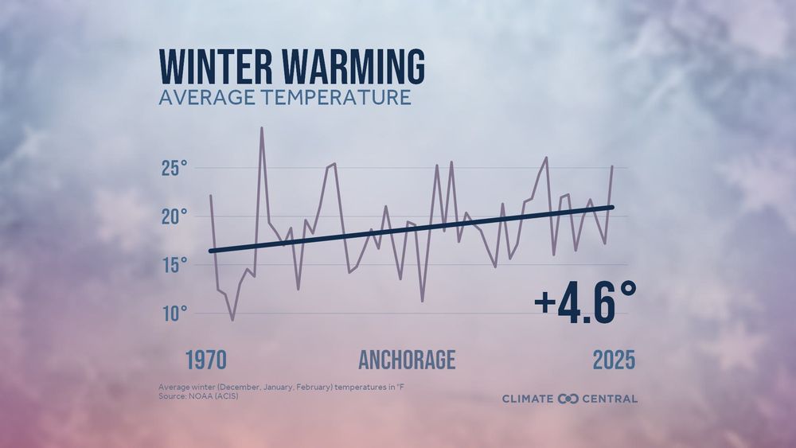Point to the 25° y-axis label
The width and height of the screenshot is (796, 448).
[174, 169]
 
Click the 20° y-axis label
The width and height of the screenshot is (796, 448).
[174, 216]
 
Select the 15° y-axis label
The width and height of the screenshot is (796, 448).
[174, 265]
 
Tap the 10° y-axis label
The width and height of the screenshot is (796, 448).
[174, 313]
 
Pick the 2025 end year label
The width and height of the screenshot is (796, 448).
[614, 360]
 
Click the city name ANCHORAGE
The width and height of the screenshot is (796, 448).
[407, 360]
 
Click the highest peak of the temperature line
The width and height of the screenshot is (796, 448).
[261, 127]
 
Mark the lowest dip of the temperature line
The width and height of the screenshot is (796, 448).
[232, 320]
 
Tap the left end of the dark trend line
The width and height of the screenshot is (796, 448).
[211, 251]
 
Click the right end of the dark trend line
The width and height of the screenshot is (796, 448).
[612, 207]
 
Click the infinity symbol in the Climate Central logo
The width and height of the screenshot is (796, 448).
[568, 399]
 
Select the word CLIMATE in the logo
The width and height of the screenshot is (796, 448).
[529, 399]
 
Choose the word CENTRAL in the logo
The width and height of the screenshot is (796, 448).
[610, 399]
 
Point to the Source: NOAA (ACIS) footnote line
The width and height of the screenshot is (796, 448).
[198, 396]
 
